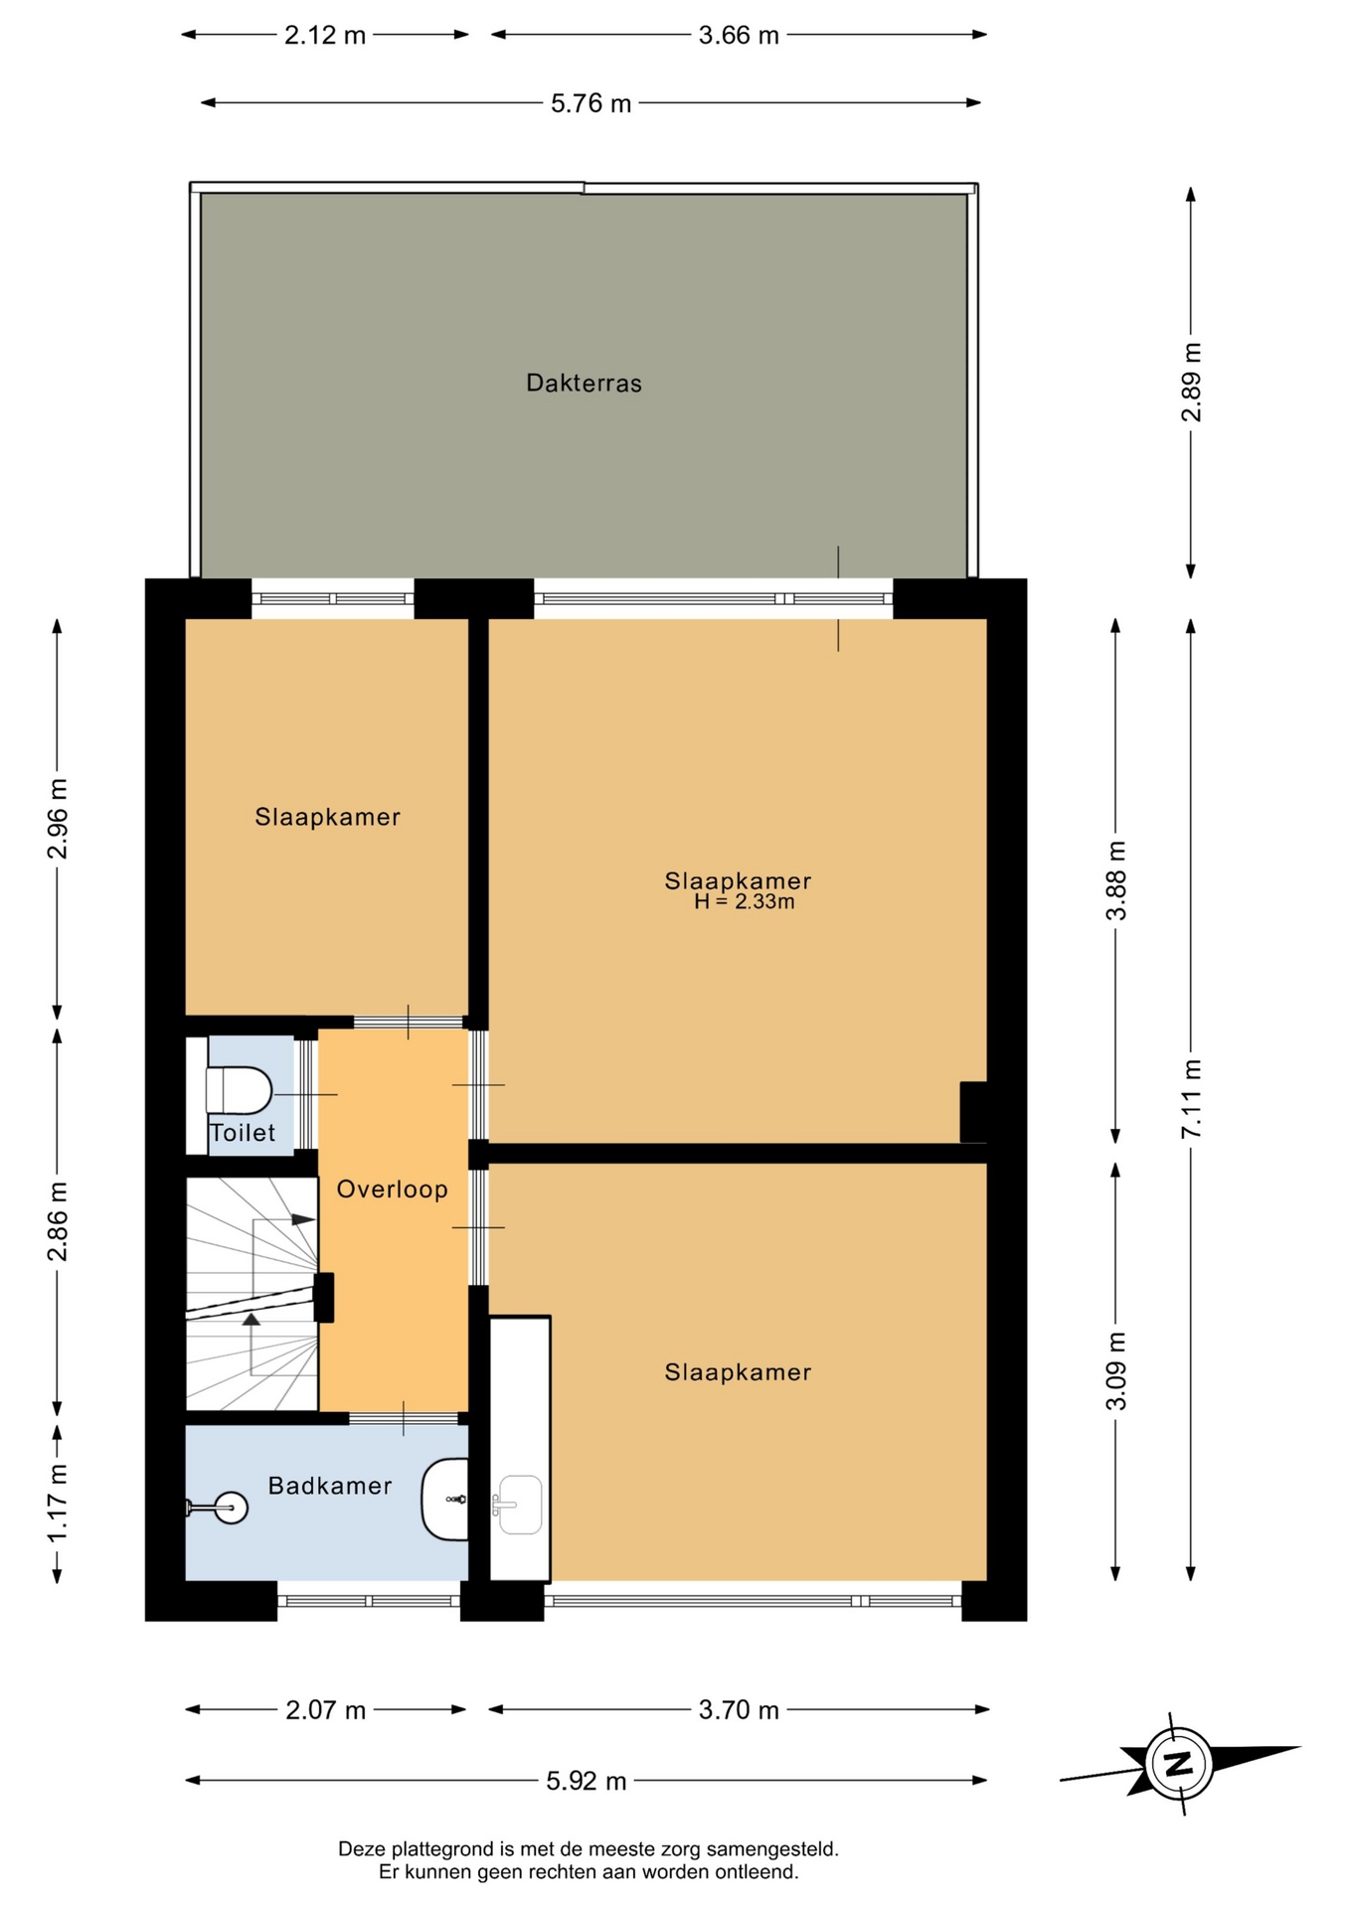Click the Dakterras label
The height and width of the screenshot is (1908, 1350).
pyautogui.click(x=584, y=383)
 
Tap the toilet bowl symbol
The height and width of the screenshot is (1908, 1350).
pyautogui.click(x=239, y=1090)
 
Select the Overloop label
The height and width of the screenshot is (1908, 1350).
pyautogui.click(x=392, y=1189)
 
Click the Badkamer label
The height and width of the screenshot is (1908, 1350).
pyautogui.click(x=330, y=1485)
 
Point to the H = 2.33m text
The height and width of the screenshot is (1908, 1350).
pyautogui.click(x=744, y=902)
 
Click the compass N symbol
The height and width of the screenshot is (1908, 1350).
pyautogui.click(x=1179, y=1764)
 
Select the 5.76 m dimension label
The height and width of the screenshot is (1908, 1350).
pyautogui.click(x=591, y=103)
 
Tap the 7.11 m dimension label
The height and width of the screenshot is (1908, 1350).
pyautogui.click(x=1192, y=1099)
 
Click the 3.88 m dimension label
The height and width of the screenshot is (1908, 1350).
pyautogui.click(x=1116, y=880)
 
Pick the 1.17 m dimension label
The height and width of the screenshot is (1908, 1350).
pyautogui.click(x=58, y=1503)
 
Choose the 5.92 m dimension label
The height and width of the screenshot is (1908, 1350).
pyautogui.click(x=587, y=1781)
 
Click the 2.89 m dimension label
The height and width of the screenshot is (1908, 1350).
pyautogui.click(x=1192, y=382)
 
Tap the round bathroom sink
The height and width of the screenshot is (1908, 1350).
pyautogui.click(x=231, y=1508)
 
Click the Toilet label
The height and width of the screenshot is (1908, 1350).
pyautogui.click(x=243, y=1132)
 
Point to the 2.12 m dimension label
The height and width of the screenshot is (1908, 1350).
pyautogui.click(x=325, y=36)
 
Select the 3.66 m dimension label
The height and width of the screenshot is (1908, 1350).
pyautogui.click(x=739, y=36)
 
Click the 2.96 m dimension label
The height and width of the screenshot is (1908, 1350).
pyautogui.click(x=58, y=819)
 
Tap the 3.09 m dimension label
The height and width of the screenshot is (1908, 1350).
pyautogui.click(x=1116, y=1370)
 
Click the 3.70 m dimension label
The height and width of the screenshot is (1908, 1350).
pyautogui.click(x=739, y=1709)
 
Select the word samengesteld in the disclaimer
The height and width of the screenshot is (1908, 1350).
pyautogui.click(x=772, y=1849)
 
